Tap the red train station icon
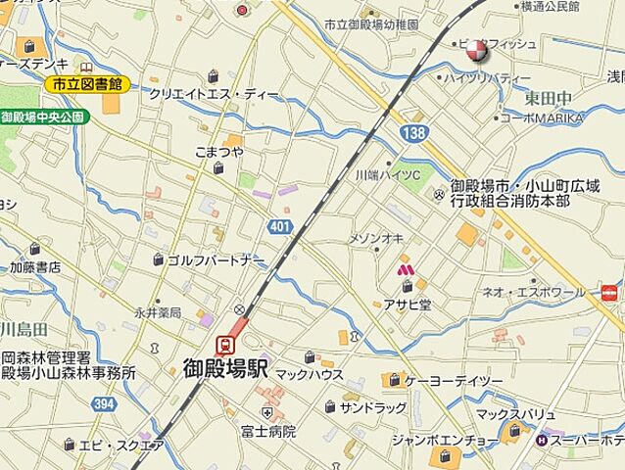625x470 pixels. tap(224, 344)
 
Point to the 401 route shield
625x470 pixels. tap(279, 227)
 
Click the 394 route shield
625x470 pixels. tap(102, 402)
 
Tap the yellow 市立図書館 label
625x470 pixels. tap(87, 84)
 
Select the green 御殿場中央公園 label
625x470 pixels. tap(44, 117)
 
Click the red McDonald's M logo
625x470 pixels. tap(404, 268)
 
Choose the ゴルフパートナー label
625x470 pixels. tap(215, 260)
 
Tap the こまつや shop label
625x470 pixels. tap(218, 152)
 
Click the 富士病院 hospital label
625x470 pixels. tap(267, 430)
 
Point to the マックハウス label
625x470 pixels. tap(309, 374)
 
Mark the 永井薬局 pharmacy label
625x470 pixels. tap(158, 312)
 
